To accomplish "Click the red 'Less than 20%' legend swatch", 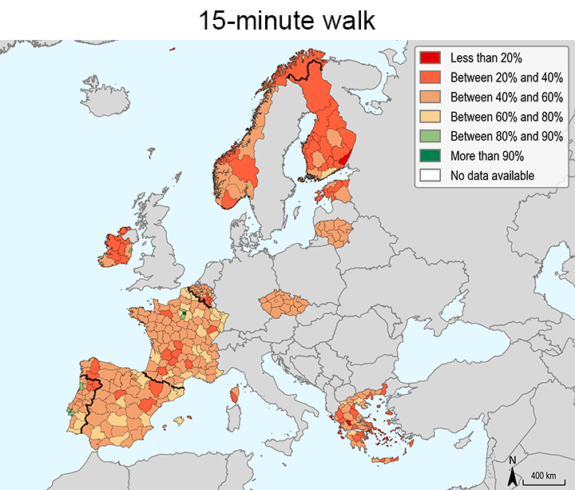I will coord(430,58).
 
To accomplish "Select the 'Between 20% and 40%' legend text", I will coord(496,78).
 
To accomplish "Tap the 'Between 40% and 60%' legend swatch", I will coord(430,97).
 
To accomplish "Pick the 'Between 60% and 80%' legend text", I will coord(496,117).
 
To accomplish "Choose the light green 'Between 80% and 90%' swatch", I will coord(430,136).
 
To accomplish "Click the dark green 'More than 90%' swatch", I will coord(430,156).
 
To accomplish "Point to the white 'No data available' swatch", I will coord(430,175).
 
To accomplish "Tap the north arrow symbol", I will coord(513,477).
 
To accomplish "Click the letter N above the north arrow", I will coord(513,461).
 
